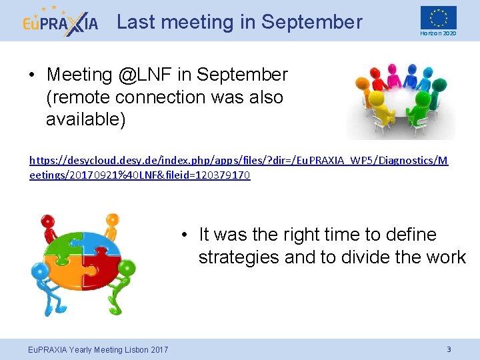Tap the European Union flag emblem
pyautogui.click(x=438, y=17)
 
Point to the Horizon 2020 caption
pyautogui.click(x=438, y=33)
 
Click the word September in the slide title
pyautogui.click(x=311, y=22)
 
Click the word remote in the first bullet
pyautogui.click(x=78, y=97)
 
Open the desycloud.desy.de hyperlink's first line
pyautogui.click(x=239, y=161)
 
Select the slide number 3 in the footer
pyautogui.click(x=449, y=349)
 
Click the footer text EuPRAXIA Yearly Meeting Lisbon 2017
pyautogui.click(x=97, y=350)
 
